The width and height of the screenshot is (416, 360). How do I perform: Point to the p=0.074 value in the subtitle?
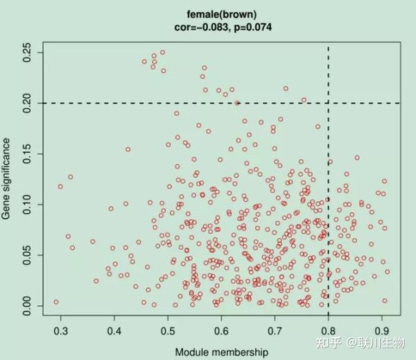252,27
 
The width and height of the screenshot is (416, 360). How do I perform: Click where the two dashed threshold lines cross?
328,103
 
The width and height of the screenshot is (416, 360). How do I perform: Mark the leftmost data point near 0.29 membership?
56,302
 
